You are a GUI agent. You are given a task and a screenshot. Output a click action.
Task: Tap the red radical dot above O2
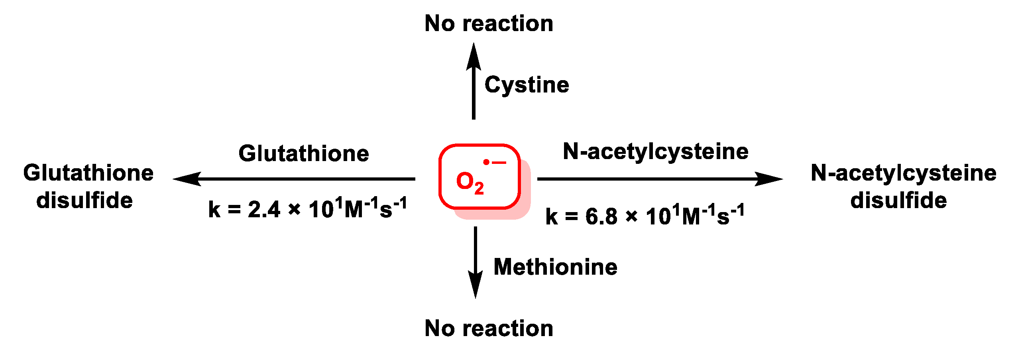pos(486,162)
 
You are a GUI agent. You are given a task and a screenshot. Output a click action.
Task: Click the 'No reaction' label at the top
pos(489,24)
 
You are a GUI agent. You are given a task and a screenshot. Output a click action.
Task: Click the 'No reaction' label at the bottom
pos(489,329)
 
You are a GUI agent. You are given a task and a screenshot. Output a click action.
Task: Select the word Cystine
pos(527,85)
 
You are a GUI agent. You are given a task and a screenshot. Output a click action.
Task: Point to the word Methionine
pos(555,267)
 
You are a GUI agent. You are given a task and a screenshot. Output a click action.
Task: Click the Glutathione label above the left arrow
pos(304,153)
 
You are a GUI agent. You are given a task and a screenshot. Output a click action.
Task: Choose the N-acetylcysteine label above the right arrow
pos(656,151)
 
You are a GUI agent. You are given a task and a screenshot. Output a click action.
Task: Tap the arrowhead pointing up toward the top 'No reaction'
pos(474,56)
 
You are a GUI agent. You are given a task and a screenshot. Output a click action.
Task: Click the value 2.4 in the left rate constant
pos(264,209)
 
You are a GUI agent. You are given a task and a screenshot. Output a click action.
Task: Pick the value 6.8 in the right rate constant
pos(601,216)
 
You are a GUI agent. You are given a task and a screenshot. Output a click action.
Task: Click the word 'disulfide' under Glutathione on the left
pos(85,200)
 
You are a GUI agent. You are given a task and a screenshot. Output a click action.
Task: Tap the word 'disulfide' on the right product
pos(898,200)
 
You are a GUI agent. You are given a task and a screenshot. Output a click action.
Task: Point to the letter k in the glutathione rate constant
pos(214,210)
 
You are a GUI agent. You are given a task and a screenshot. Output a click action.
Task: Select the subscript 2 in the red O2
pos(479,188)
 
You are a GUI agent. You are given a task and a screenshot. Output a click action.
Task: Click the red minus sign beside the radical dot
pos(499,162)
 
